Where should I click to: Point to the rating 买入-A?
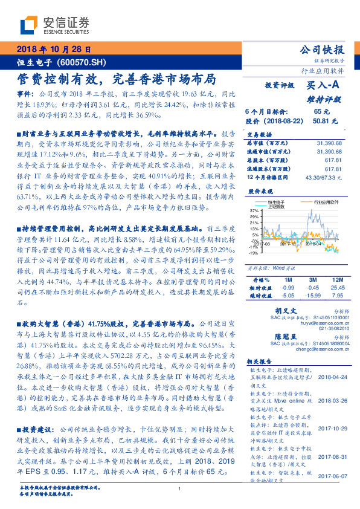[323, 86]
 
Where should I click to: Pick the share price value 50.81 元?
[321, 121]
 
